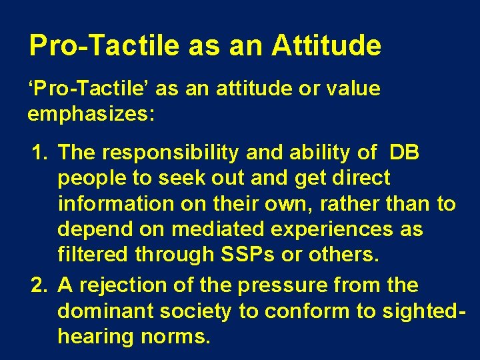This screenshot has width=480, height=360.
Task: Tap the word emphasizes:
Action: pyautogui.click(x=91, y=115)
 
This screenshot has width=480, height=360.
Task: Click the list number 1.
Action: pyautogui.click(x=40, y=153)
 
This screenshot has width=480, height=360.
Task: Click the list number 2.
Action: pyautogui.click(x=40, y=285)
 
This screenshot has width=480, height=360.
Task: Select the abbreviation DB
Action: pyautogui.click(x=405, y=153)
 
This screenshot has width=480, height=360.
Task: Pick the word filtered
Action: pyautogui.click(x=94, y=255)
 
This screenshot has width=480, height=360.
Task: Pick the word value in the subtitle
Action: pyautogui.click(x=354, y=89)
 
